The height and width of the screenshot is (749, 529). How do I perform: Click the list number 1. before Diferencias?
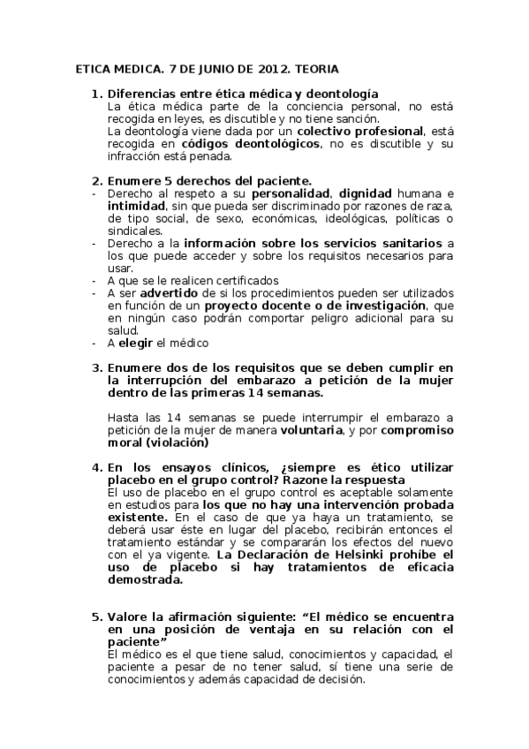[97, 94]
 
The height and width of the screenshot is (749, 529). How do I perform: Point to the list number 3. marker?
[97, 367]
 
